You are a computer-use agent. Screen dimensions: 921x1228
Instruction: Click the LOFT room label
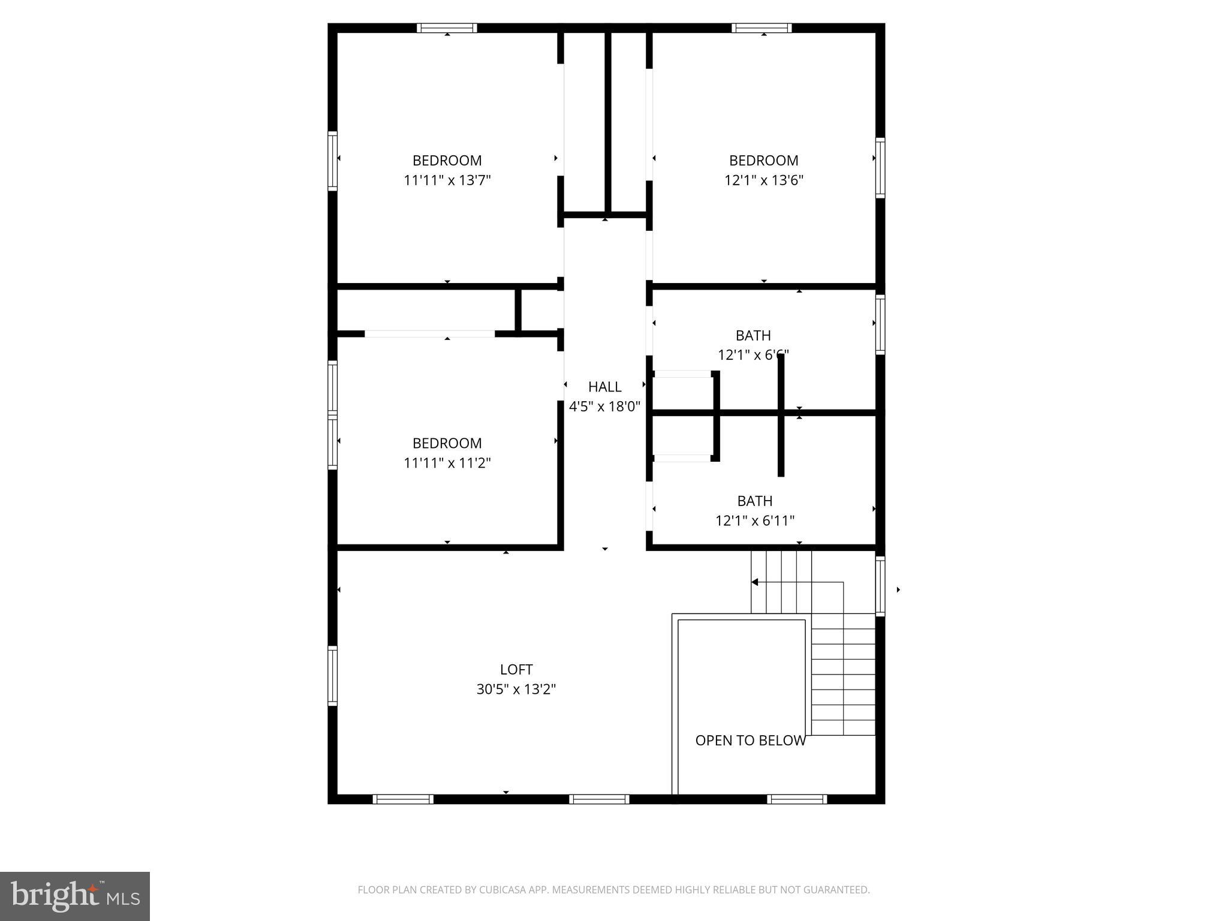point(516,669)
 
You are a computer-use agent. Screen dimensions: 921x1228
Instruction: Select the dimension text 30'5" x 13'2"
point(516,689)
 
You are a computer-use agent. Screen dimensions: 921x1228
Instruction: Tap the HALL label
point(604,387)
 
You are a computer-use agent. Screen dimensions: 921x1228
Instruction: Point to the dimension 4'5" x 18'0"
point(604,407)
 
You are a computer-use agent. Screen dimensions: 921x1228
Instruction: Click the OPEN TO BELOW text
point(750,741)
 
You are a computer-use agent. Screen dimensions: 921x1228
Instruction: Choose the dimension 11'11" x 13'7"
point(447,180)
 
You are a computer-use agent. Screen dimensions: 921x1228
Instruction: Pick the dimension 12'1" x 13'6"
point(763,180)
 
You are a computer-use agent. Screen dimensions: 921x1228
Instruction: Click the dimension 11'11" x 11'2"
point(447,463)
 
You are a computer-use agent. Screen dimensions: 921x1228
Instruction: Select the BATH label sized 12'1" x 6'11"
point(754,501)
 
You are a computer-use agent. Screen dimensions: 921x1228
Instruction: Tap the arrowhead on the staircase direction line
point(755,582)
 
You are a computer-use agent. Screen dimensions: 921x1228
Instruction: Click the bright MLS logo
point(75,896)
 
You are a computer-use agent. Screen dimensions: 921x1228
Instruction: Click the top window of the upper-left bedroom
point(447,28)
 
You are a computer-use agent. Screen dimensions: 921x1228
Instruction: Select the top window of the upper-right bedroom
point(762,28)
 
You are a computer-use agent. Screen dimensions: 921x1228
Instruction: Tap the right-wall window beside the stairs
point(880,586)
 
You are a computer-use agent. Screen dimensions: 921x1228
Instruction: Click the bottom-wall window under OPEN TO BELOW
point(796,799)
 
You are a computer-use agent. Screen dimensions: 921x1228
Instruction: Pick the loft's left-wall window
point(332,676)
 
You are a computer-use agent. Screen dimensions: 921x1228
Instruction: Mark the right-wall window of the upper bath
point(880,324)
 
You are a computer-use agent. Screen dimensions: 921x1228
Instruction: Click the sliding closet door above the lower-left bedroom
point(429,333)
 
